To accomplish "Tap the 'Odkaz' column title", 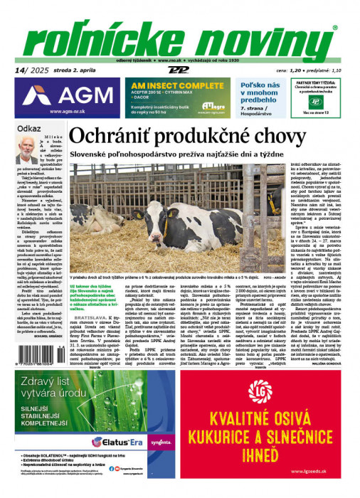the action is click(29, 128).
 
